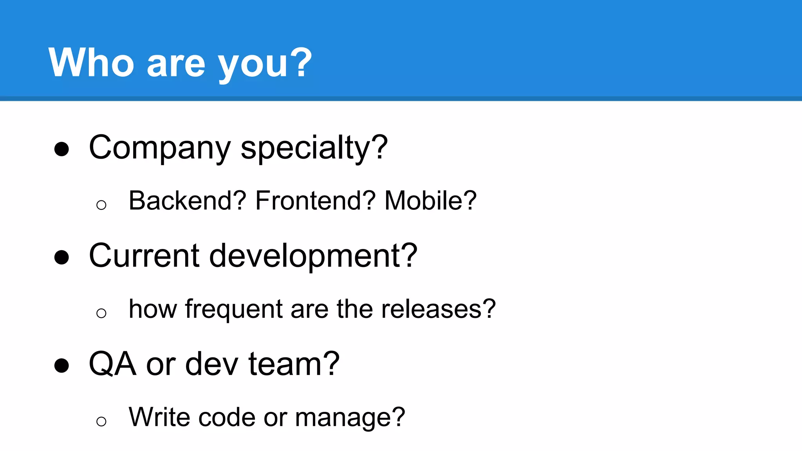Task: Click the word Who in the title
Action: point(91,63)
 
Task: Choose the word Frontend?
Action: point(315,201)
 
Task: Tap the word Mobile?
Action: point(430,201)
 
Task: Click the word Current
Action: point(144,256)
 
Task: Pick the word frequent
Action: point(234,310)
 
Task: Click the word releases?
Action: point(438,309)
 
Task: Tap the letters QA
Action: point(113,364)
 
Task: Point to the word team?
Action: point(294,364)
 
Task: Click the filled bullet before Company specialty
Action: point(61,149)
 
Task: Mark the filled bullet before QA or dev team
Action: point(61,366)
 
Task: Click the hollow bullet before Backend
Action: point(101,205)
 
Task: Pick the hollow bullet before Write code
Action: point(101,421)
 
